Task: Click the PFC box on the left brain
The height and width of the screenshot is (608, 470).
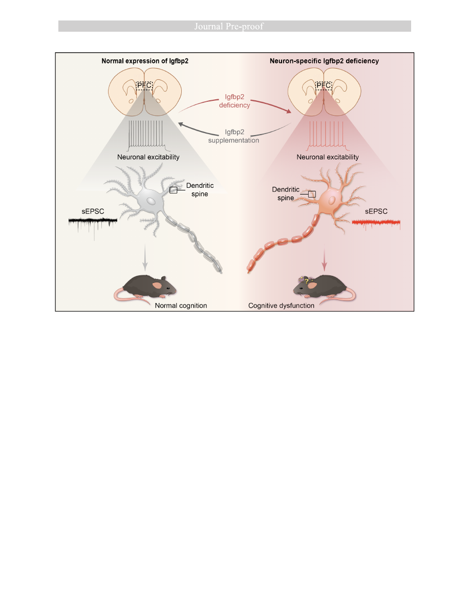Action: [144, 85]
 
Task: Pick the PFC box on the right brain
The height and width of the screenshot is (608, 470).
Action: [324, 85]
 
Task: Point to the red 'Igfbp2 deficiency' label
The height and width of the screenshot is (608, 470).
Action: [235, 101]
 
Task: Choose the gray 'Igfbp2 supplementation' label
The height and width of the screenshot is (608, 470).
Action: [235, 136]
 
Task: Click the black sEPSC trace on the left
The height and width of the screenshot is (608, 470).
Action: [93, 223]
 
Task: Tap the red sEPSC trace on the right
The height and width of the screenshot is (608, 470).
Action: [376, 223]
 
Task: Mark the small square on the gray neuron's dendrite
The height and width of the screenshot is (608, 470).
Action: [174, 190]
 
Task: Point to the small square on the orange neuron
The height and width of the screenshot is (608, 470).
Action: [312, 194]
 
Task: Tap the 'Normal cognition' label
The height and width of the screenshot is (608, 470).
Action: [181, 306]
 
